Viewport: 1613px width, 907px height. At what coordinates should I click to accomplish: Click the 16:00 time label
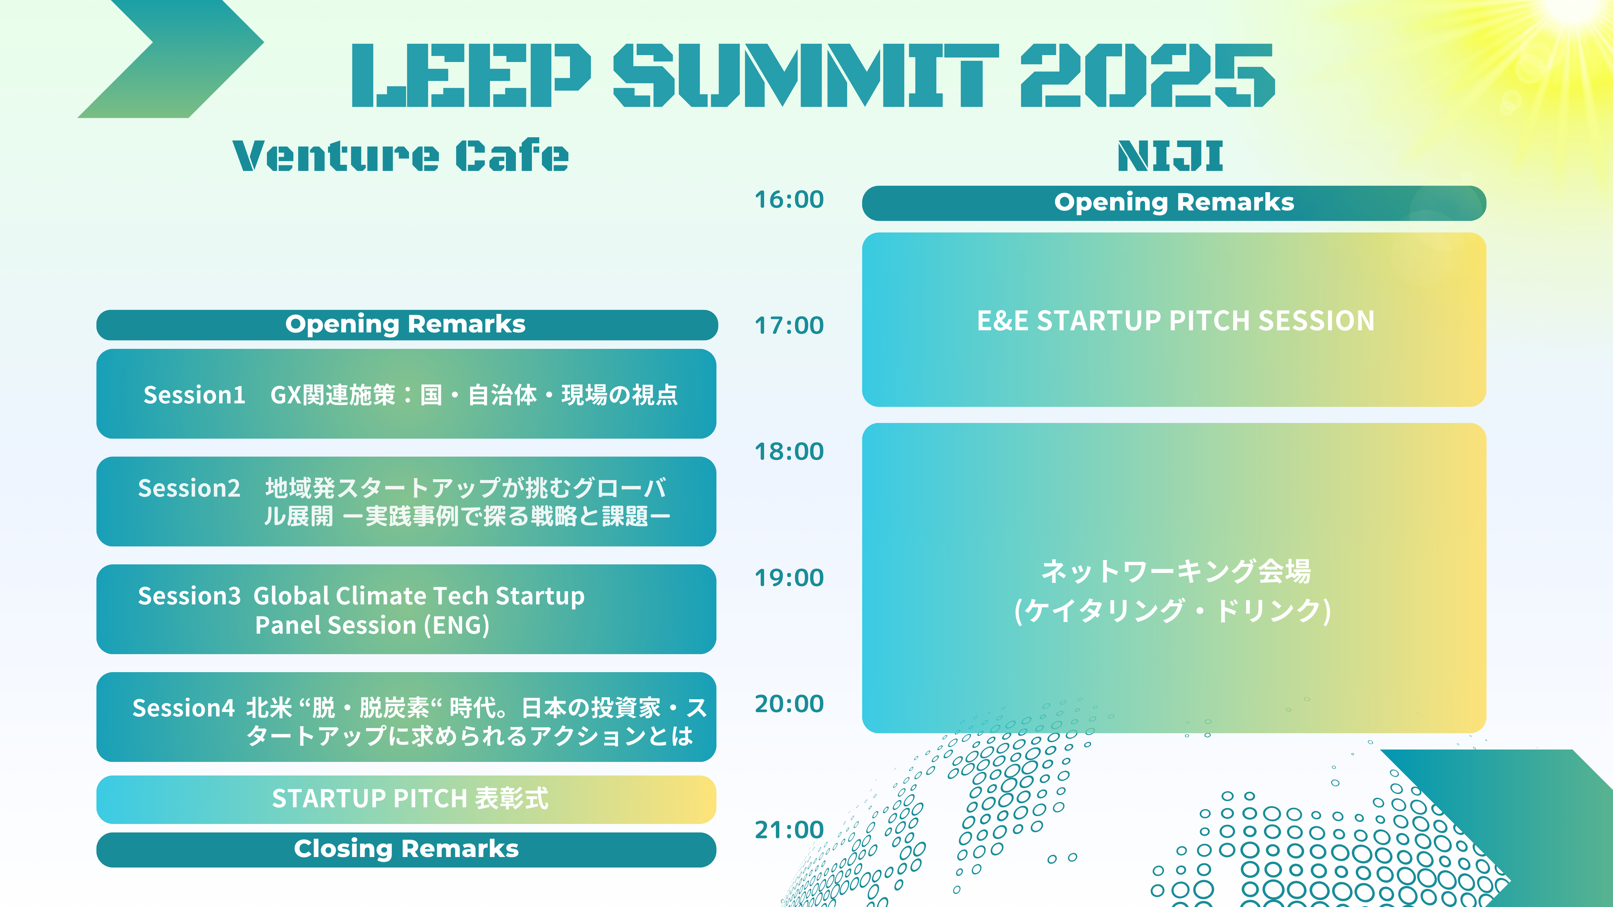[x=789, y=200]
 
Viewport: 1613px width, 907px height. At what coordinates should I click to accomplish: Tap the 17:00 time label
[x=789, y=325]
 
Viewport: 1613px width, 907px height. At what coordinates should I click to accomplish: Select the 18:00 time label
[x=789, y=451]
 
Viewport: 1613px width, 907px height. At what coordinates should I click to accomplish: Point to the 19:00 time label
[x=789, y=578]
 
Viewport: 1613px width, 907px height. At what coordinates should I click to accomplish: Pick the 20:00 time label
[x=789, y=704]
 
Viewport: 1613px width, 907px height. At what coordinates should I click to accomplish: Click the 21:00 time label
[x=789, y=830]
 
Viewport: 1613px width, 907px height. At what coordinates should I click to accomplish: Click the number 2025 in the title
[x=1147, y=75]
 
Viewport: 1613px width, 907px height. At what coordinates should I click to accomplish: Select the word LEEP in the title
[x=471, y=75]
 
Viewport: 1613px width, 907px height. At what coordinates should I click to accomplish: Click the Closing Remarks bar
[x=407, y=850]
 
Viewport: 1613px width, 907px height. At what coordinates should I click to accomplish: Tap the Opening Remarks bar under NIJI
[x=1174, y=203]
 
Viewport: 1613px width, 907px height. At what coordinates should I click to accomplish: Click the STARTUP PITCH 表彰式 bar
[x=407, y=800]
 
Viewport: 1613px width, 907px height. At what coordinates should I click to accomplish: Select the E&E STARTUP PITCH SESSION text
[x=1175, y=320]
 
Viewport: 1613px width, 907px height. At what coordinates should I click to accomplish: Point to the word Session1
[x=194, y=395]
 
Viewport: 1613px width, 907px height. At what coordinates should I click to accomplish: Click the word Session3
[x=189, y=596]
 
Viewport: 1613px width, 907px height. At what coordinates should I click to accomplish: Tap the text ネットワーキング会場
[x=1175, y=571]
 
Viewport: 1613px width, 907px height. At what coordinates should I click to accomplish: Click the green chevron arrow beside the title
[x=170, y=59]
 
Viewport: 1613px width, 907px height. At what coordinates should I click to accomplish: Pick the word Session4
[x=184, y=708]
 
